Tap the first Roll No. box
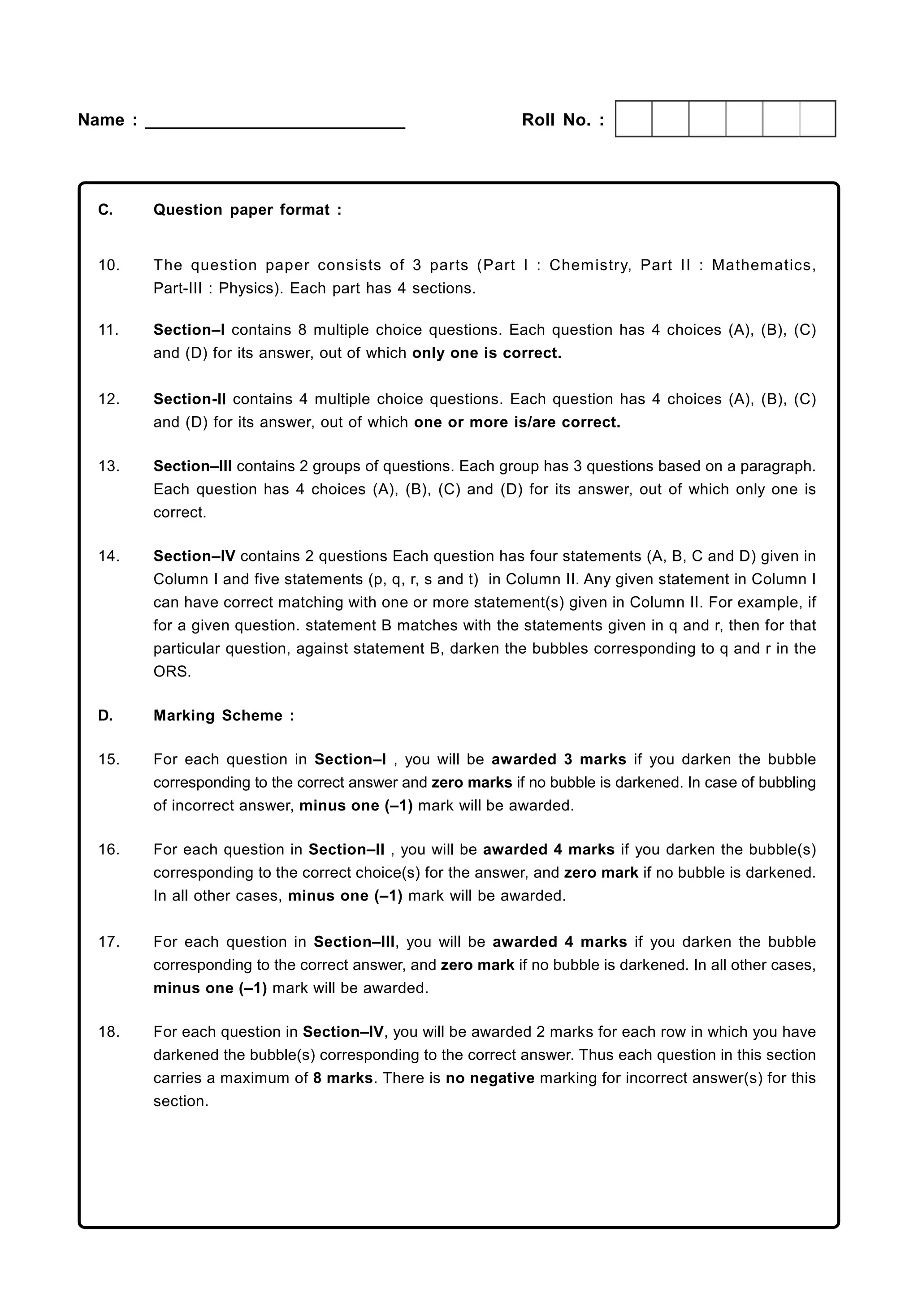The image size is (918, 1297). pos(634,119)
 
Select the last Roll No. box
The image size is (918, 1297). pos(818,119)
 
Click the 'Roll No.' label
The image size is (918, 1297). pos(563,120)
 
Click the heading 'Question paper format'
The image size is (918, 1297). pos(247,210)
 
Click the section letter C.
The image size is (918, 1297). pos(105,210)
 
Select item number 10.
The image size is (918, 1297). pos(108,265)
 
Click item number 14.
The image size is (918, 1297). pos(108,556)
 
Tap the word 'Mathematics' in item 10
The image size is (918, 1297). pos(763,265)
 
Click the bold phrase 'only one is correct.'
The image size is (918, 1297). pos(487,353)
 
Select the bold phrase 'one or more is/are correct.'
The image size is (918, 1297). pos(517,422)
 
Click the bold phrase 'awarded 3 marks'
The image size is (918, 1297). pos(559,759)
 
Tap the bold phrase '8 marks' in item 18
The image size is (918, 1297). pos(342,1078)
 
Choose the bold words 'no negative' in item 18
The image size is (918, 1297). pos(489,1078)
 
